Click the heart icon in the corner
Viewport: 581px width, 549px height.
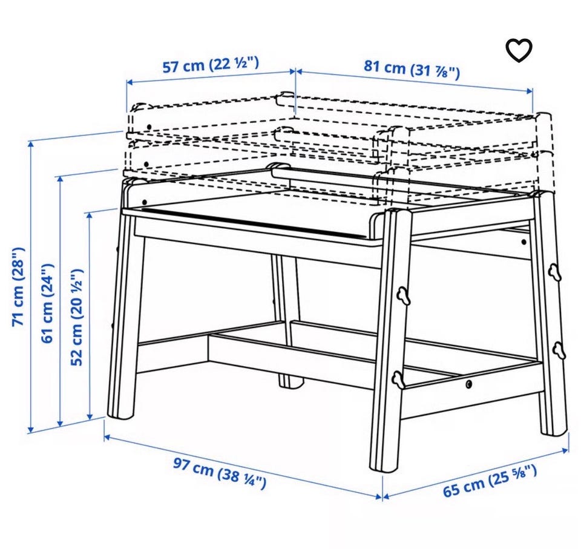519,50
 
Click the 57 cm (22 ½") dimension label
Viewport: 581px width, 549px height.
211,65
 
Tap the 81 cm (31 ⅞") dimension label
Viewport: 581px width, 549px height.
412,70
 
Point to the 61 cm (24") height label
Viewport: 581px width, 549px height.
47,303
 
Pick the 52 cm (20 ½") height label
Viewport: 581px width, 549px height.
77,317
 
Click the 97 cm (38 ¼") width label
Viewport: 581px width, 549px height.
220,473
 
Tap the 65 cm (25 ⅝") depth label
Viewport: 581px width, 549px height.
490,481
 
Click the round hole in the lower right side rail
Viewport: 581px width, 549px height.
470,384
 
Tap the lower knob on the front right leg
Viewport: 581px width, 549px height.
398,380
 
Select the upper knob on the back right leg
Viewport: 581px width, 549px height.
555,272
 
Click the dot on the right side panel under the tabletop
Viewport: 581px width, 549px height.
524,243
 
